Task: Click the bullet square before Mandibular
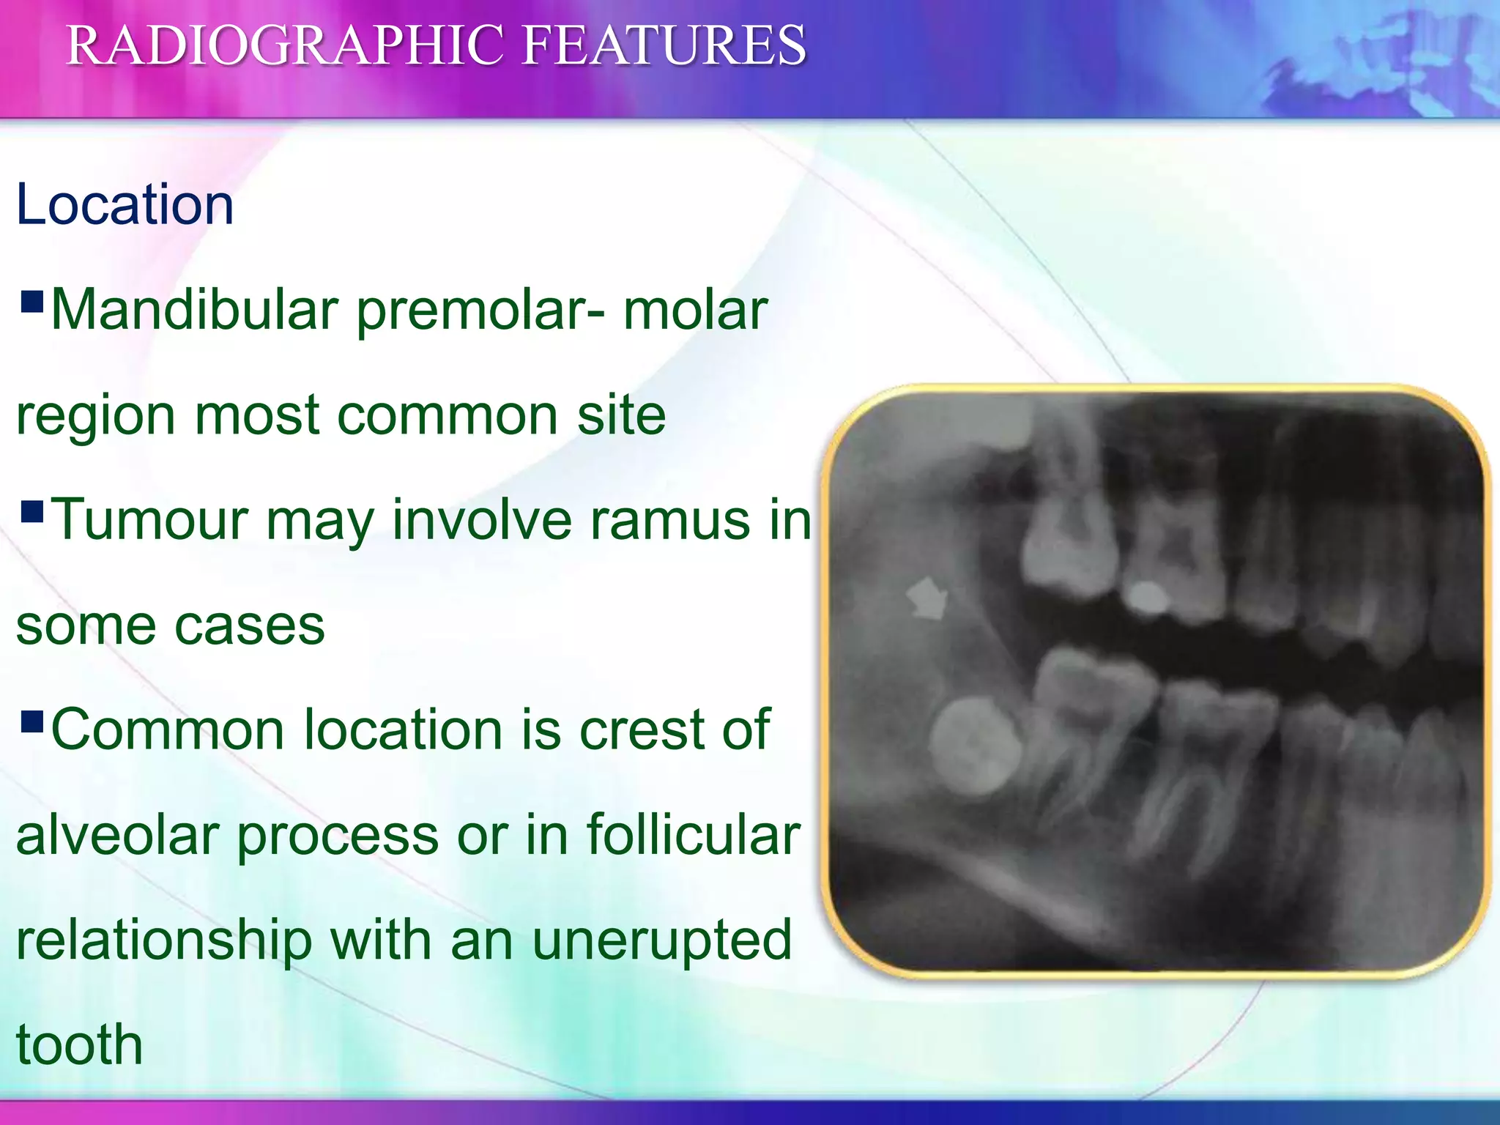coord(33,301)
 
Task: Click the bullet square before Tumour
coord(33,510)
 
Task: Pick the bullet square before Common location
coord(33,721)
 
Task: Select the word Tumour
coord(149,520)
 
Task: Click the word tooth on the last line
coord(79,1045)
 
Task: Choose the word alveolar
coord(117,835)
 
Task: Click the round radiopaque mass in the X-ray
coord(975,746)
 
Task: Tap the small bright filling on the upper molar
coord(1146,598)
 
